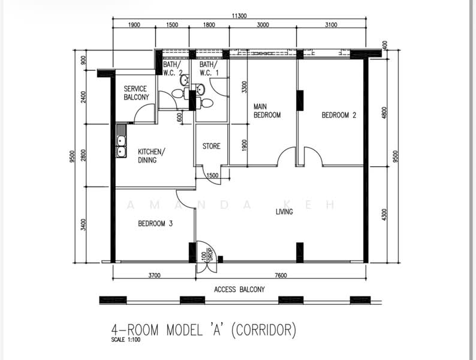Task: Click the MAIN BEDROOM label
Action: click(267, 111)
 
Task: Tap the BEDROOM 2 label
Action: click(339, 115)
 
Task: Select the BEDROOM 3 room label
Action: click(155, 224)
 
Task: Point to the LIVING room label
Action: click(284, 212)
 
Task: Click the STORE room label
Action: click(211, 146)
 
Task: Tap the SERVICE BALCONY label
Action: click(136, 93)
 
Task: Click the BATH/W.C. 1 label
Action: click(209, 68)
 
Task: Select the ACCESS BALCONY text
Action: click(239, 290)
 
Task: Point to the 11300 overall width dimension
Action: click(239, 16)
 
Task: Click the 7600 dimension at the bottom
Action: click(281, 275)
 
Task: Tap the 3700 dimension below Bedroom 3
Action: click(154, 275)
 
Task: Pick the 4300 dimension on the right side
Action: click(384, 214)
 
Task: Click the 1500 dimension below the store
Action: click(212, 175)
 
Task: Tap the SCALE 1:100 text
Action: click(126, 340)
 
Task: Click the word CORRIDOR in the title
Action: click(264, 330)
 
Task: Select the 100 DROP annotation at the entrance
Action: click(207, 255)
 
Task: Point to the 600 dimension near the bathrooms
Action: click(179, 117)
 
